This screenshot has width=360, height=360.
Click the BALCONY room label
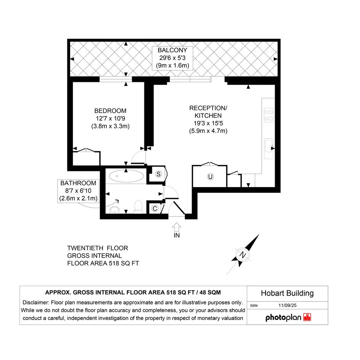click(x=172, y=50)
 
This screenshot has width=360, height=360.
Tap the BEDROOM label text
click(x=110, y=111)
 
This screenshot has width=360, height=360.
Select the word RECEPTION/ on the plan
click(x=208, y=108)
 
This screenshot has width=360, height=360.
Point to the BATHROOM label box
click(x=78, y=191)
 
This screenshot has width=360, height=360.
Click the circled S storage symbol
click(x=158, y=174)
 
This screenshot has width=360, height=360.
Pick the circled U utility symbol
click(x=210, y=176)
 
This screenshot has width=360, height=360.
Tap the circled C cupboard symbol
click(x=155, y=208)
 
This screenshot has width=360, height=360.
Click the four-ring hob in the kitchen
click(x=269, y=115)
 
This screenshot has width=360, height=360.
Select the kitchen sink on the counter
click(x=269, y=148)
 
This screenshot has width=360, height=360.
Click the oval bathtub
click(x=126, y=176)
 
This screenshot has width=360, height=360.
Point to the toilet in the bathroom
click(x=138, y=206)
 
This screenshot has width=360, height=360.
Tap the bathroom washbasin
click(x=115, y=210)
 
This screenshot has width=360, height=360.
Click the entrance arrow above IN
click(x=176, y=227)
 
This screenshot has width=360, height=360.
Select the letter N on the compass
click(x=243, y=255)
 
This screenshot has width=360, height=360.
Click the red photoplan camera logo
click(x=307, y=317)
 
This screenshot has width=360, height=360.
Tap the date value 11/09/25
click(x=288, y=306)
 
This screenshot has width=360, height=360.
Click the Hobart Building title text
click(x=287, y=293)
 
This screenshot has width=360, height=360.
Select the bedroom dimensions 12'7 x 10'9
click(x=110, y=118)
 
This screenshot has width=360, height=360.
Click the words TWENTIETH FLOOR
click(x=98, y=248)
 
